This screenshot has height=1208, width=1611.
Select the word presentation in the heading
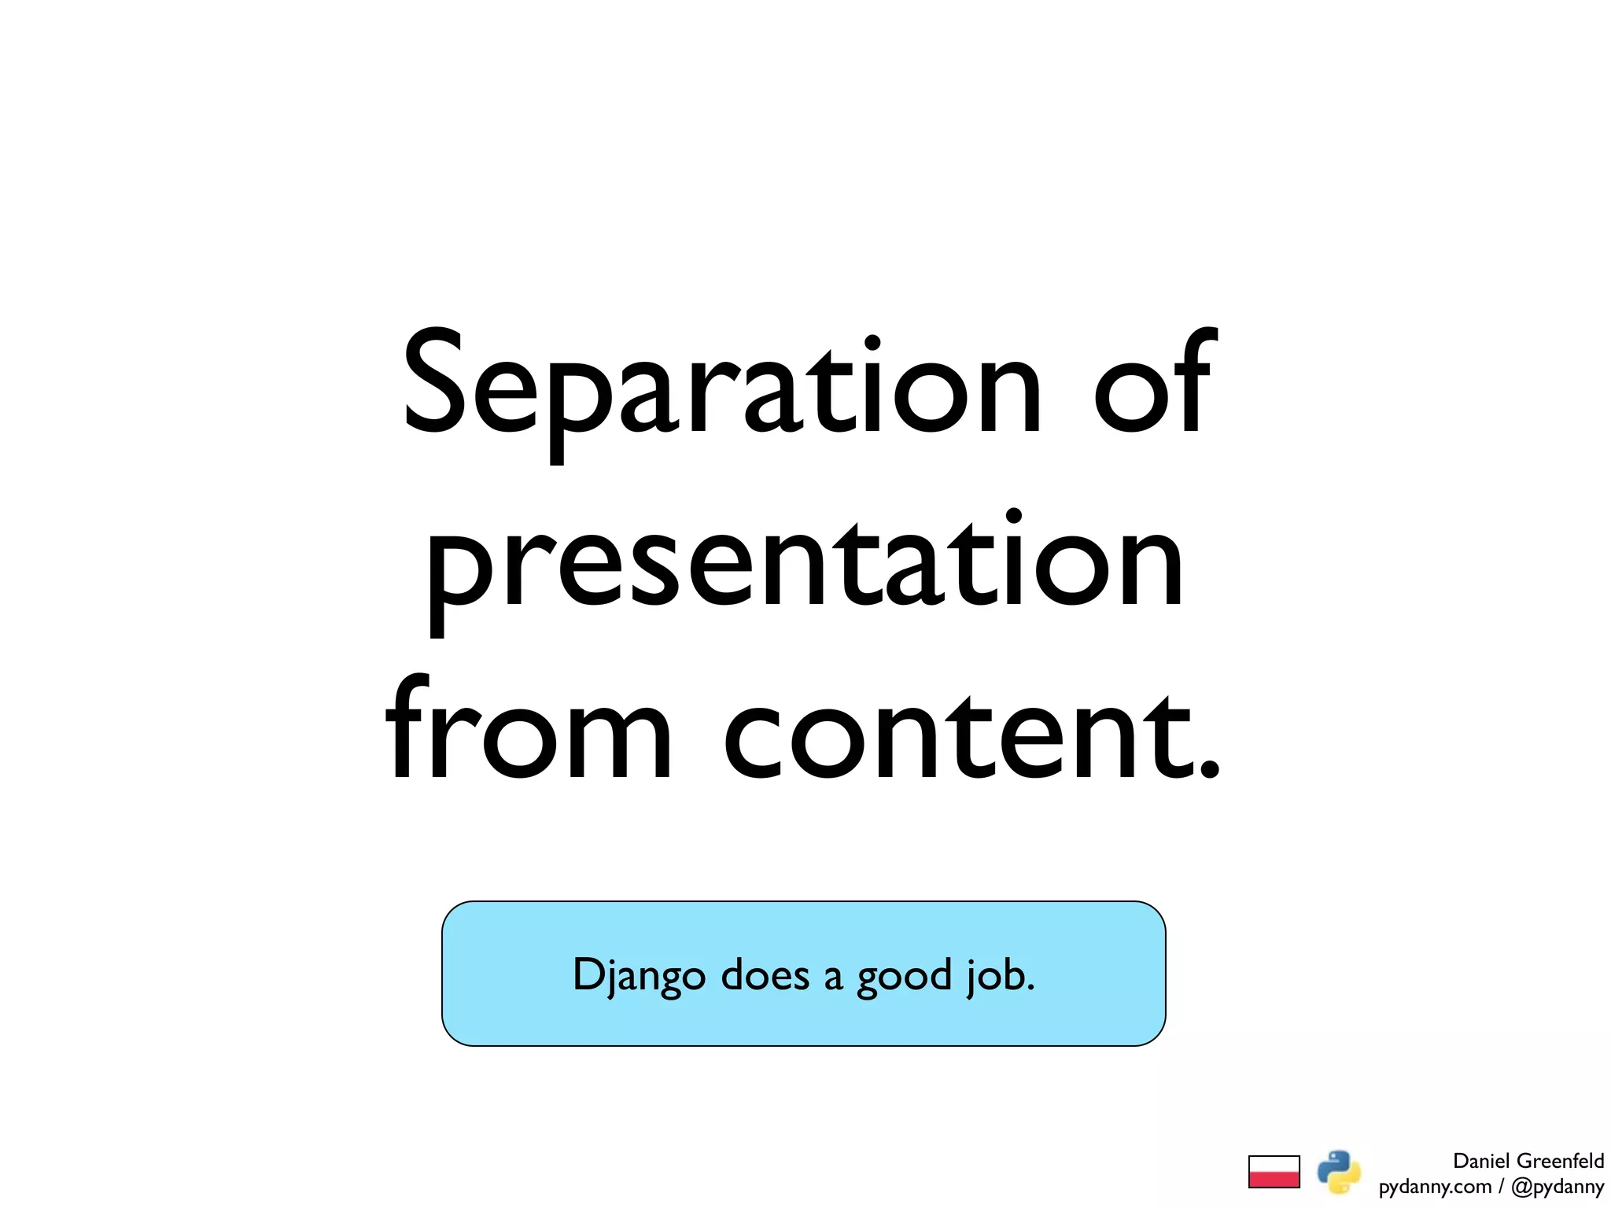click(x=804, y=562)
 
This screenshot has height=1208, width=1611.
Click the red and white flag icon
click(x=1274, y=1171)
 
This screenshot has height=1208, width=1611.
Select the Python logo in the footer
click(x=1339, y=1171)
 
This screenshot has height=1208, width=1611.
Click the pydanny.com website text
click(x=1435, y=1187)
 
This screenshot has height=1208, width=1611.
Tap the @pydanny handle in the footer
click(x=1558, y=1187)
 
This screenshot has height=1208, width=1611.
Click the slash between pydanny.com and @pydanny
click(x=1501, y=1187)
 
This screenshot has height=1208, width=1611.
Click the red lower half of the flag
click(x=1274, y=1179)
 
